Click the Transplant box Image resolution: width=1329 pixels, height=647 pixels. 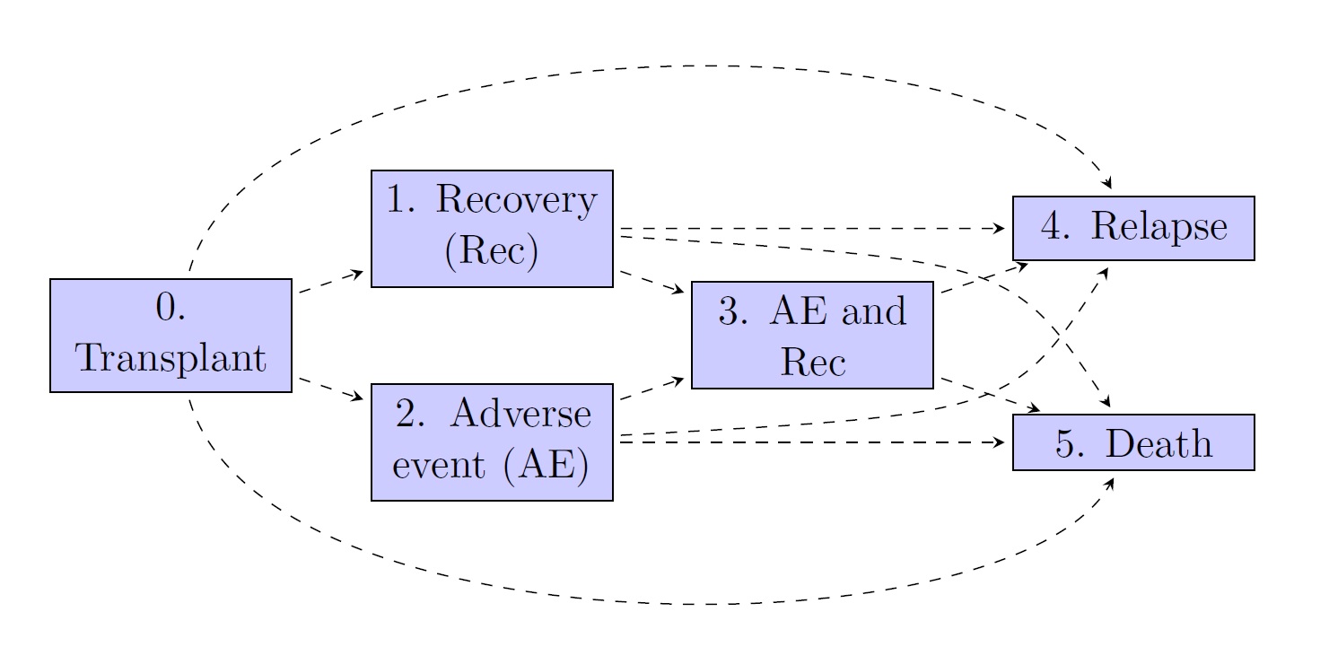click(170, 336)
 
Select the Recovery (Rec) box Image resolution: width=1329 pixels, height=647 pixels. click(492, 229)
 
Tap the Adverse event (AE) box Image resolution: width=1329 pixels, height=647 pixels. click(492, 442)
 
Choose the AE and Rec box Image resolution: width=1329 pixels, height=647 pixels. click(812, 336)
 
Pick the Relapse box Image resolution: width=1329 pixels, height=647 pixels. click(1133, 228)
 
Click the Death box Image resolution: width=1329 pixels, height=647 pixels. click(1133, 442)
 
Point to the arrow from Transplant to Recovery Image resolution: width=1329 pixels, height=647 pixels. click(331, 281)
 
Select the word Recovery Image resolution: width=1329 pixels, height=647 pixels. click(515, 201)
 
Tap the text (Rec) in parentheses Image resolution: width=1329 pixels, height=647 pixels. click(491, 253)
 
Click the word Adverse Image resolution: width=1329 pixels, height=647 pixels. click(520, 415)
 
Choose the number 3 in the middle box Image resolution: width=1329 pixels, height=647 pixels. click(730, 311)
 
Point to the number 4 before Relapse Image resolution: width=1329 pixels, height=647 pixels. click(1053, 228)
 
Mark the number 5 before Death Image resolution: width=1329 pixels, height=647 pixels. click(1066, 443)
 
